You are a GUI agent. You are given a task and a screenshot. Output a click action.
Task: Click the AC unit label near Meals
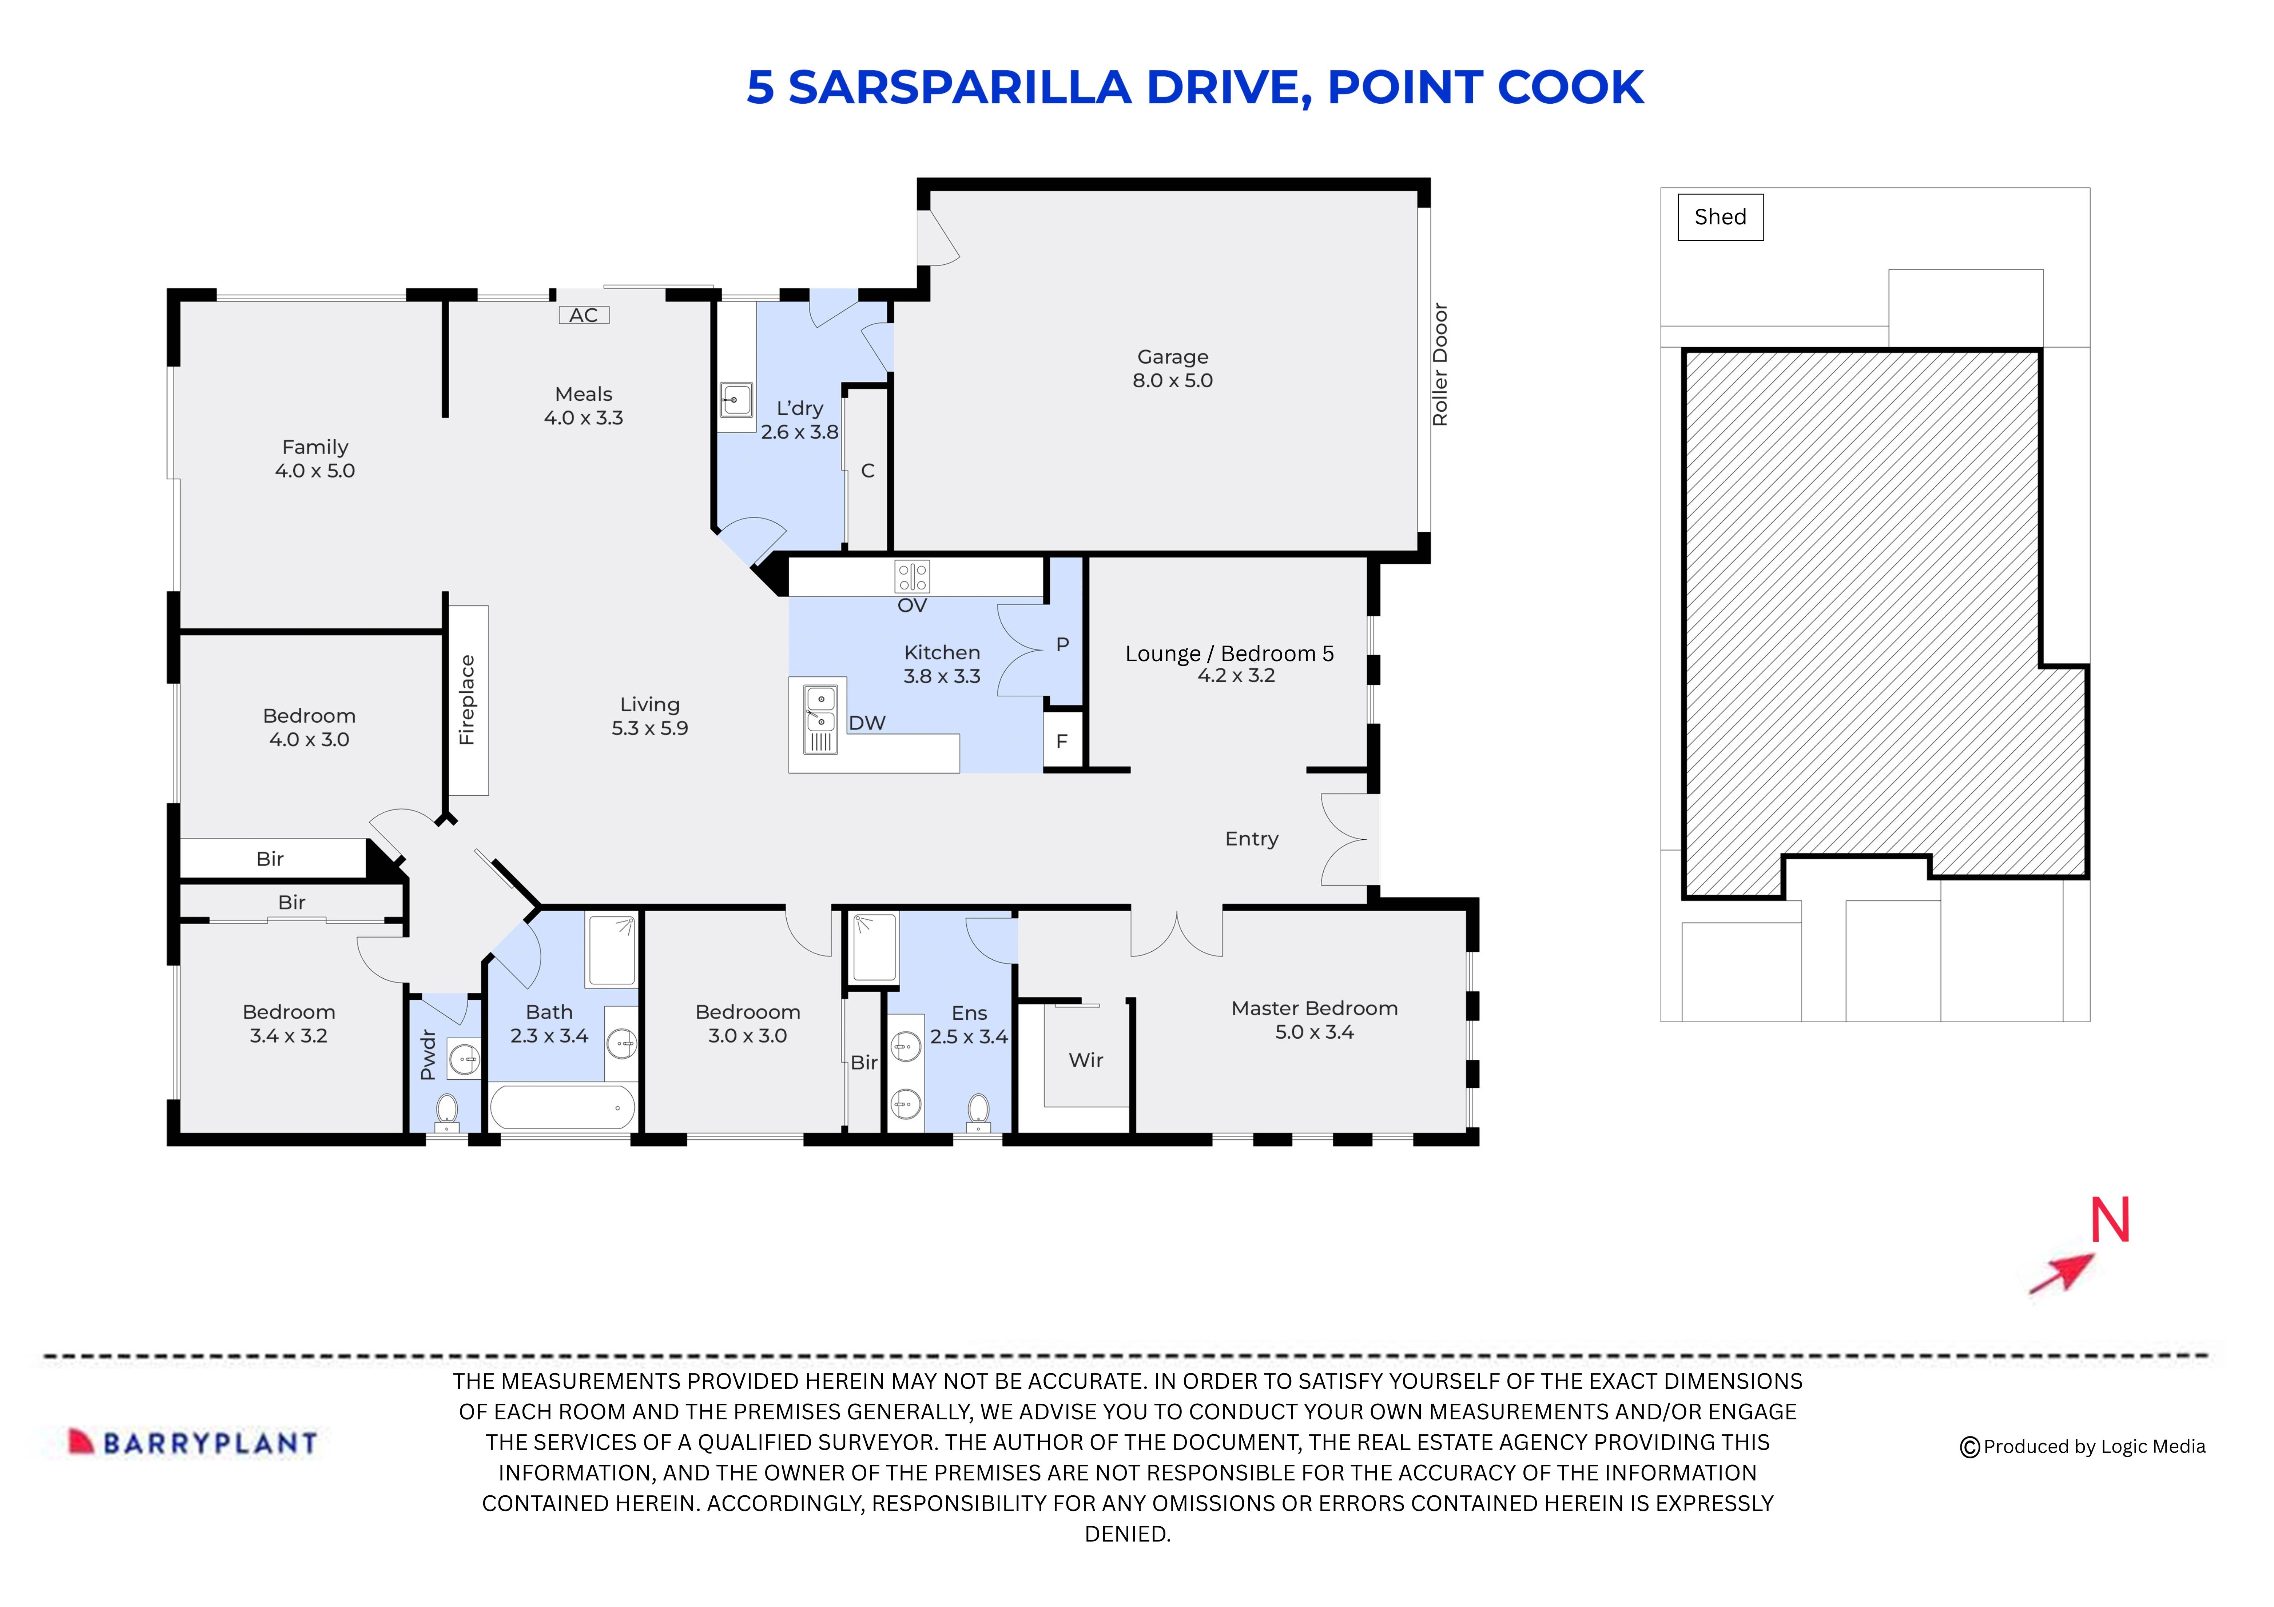coord(583,315)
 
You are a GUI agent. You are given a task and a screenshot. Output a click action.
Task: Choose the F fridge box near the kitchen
coord(1062,741)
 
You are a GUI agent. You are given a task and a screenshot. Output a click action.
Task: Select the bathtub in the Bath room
coord(561,1107)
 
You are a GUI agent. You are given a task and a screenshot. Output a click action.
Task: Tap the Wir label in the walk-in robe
coord(1085,1060)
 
